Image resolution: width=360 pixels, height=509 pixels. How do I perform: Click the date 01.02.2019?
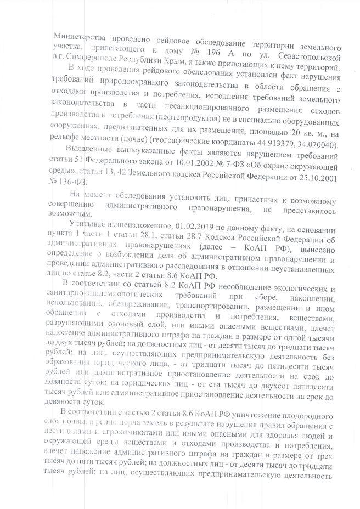[194, 224]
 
